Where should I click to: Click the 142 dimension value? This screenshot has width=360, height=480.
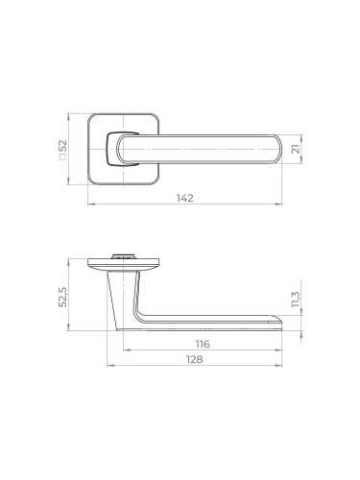pos(185,198)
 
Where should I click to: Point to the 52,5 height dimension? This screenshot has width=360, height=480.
pos(63,296)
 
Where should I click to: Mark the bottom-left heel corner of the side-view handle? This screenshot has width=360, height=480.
pos(123,327)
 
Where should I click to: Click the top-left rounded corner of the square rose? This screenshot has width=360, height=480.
pos(92,119)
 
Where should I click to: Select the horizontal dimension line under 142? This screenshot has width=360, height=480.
pos(185,205)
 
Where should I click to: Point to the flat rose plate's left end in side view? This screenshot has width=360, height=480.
pos(88,260)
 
